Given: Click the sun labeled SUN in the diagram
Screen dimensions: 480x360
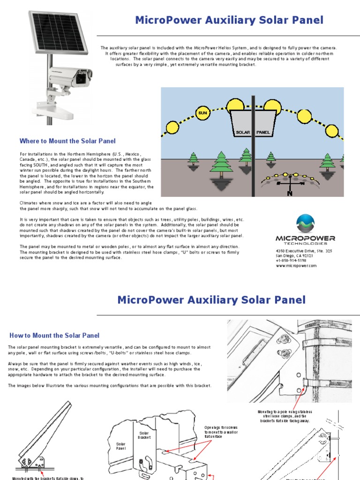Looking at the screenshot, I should coord(202,112).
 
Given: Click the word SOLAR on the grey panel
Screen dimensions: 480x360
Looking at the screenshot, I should coord(243,133).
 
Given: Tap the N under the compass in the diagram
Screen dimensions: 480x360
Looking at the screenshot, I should coord(289,193).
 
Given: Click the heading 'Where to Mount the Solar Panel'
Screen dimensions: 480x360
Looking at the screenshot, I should coord(67,141).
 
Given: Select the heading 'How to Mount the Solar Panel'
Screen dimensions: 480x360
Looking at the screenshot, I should coord(54,336).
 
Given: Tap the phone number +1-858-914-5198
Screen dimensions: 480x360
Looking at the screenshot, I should coord(292,261).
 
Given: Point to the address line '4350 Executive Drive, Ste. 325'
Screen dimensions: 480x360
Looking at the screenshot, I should coord(304,251).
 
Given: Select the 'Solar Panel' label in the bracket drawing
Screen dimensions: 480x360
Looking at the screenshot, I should coord(121,445).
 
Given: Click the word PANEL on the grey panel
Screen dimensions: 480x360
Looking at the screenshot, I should coord(263,133).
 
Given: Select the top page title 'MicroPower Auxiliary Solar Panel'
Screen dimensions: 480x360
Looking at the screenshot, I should coord(229,20).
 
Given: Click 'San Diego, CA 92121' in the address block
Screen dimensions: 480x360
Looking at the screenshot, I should coord(295,256).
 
